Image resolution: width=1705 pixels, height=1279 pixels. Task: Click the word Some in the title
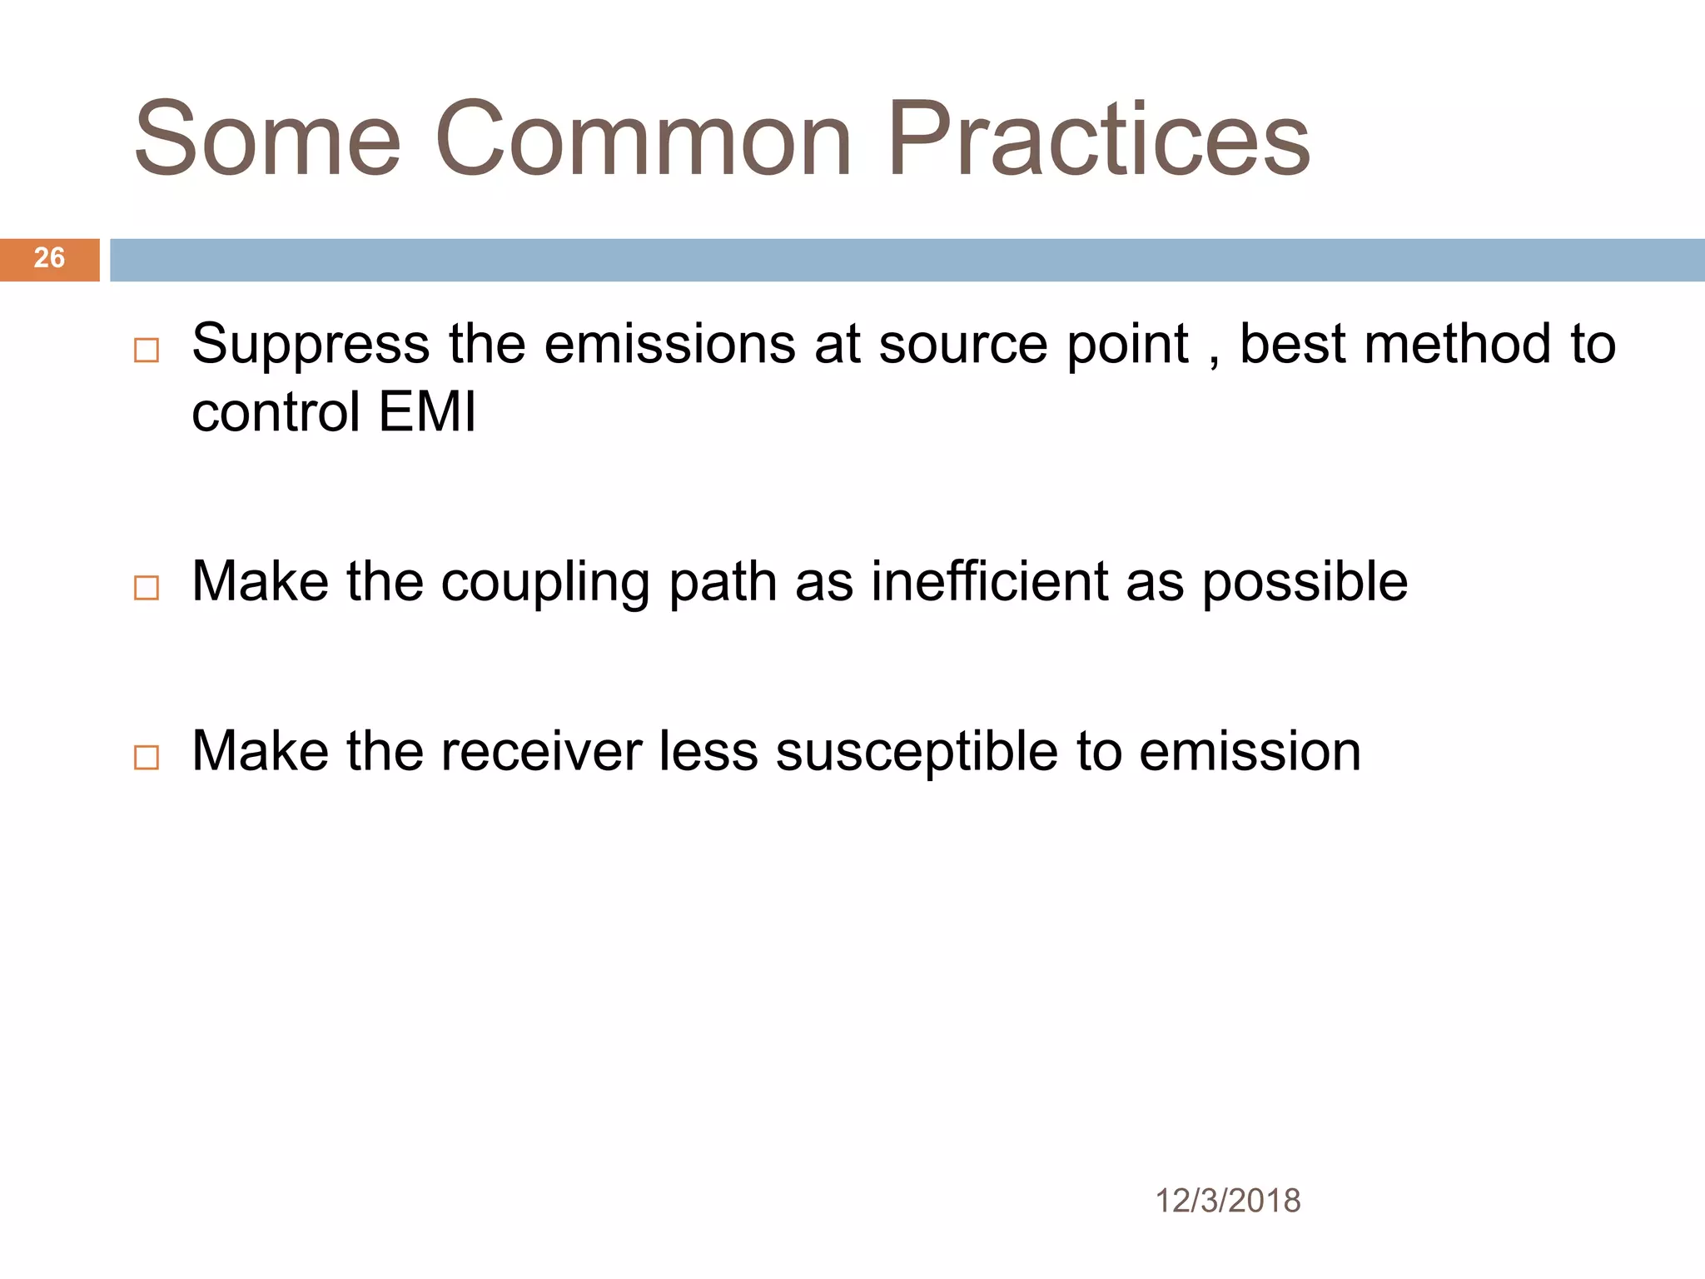(x=267, y=140)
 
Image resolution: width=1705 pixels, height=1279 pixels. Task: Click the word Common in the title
(x=643, y=140)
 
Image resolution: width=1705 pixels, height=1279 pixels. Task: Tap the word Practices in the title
(x=1099, y=140)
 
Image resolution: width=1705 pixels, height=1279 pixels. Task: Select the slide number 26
(x=49, y=258)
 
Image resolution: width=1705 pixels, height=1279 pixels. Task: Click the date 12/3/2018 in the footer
(x=1227, y=1201)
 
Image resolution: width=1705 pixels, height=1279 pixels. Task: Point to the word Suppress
(x=311, y=346)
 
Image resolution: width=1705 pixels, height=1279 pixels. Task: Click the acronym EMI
(x=427, y=412)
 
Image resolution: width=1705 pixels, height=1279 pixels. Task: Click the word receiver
(x=540, y=751)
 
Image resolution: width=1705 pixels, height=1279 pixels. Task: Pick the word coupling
(x=545, y=583)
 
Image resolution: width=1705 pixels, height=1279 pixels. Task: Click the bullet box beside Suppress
(x=147, y=350)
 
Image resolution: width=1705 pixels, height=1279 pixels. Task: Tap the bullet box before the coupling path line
(x=147, y=588)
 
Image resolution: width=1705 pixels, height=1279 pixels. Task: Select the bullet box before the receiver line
(x=147, y=757)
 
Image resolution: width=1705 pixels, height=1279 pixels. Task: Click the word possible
(x=1305, y=583)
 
